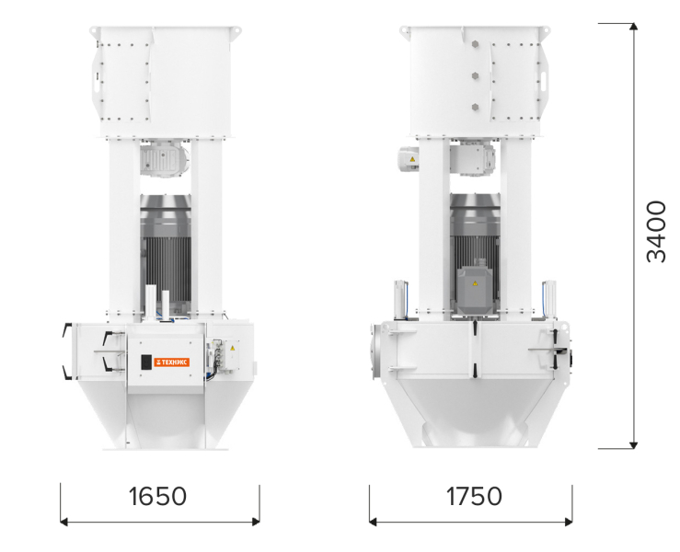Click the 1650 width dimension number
(158, 497)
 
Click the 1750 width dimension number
(474, 497)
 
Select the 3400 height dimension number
(656, 232)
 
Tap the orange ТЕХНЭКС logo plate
(172, 362)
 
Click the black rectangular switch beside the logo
(146, 362)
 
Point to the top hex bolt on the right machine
(476, 44)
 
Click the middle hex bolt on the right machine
(476, 75)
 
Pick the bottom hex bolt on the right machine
(476, 107)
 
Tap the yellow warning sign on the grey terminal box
(475, 283)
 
